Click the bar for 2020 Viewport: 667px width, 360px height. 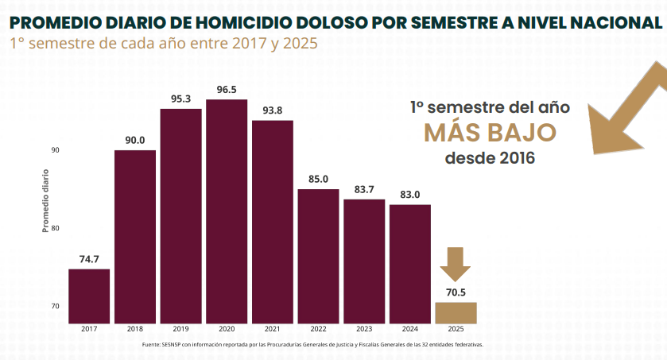(227, 211)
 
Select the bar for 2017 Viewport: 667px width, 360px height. (89, 296)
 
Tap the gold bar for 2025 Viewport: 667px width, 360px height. (456, 313)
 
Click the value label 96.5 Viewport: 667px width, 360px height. (227, 90)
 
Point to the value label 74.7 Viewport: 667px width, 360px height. (89, 259)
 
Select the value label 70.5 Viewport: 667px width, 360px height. (456, 292)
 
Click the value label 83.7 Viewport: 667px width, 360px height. (364, 189)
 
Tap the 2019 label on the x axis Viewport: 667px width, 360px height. (180, 330)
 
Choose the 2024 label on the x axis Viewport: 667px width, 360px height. (409, 330)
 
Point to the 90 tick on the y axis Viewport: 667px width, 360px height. (56, 150)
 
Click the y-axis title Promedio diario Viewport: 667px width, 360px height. (45, 200)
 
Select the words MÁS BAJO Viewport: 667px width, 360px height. (489, 132)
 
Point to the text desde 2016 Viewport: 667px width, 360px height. (490, 157)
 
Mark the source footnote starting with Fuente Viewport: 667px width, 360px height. (312, 345)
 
